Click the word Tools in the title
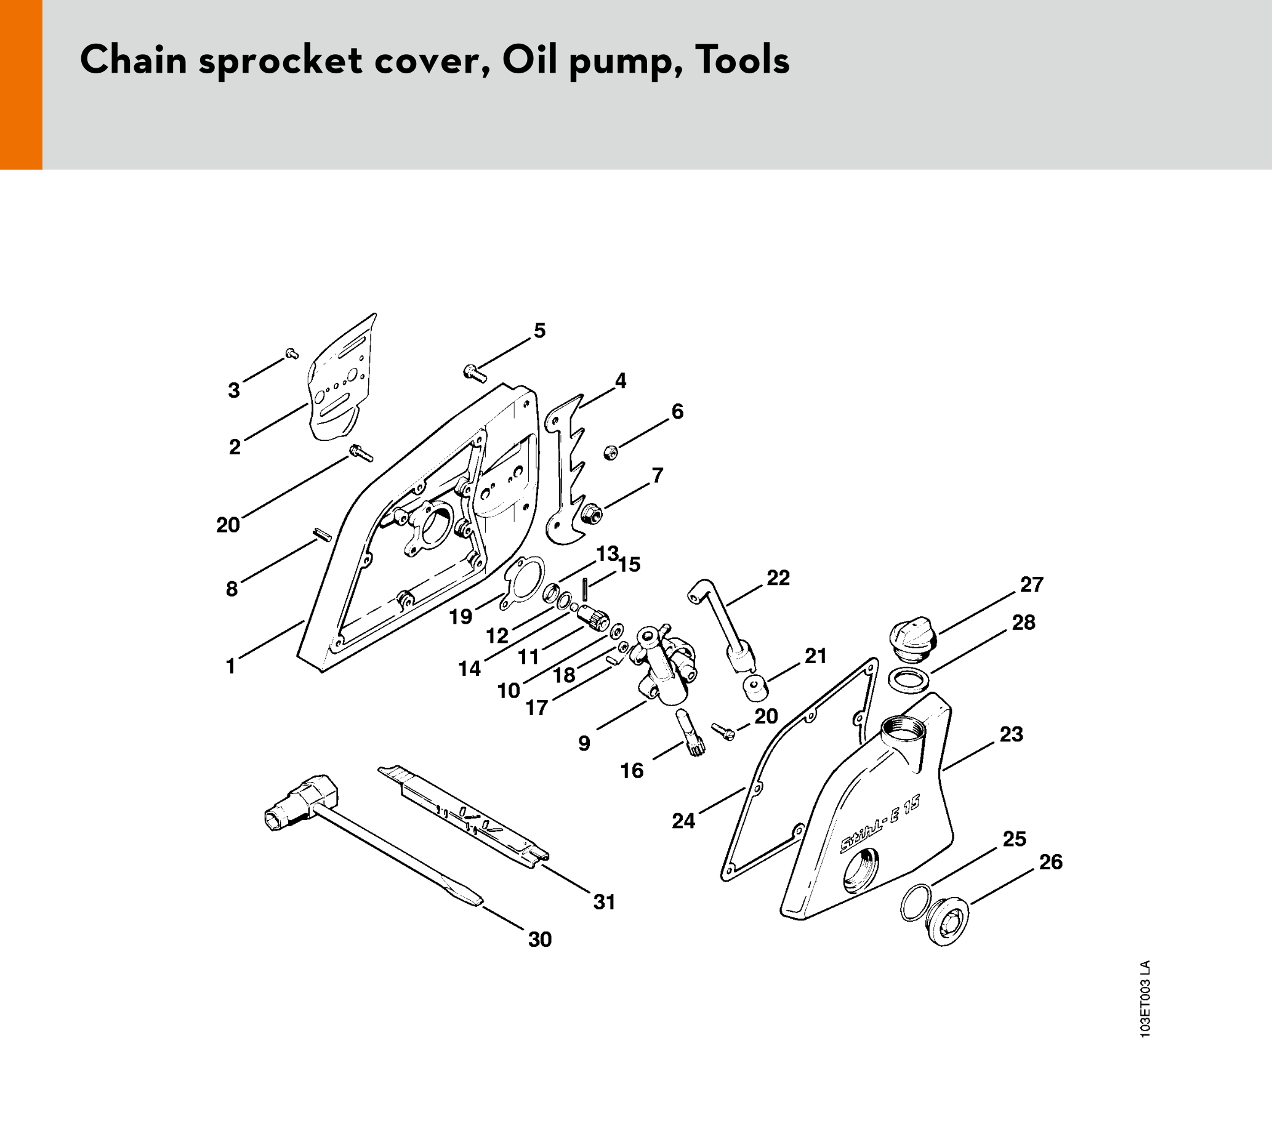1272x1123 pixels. (x=743, y=60)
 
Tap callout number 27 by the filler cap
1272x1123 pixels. (x=1031, y=584)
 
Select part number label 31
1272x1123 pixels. (x=603, y=901)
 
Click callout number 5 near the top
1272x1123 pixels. (x=539, y=331)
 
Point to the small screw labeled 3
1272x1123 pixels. (x=291, y=354)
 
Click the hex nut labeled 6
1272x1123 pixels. (x=611, y=453)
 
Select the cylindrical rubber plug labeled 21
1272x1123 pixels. (x=755, y=687)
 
